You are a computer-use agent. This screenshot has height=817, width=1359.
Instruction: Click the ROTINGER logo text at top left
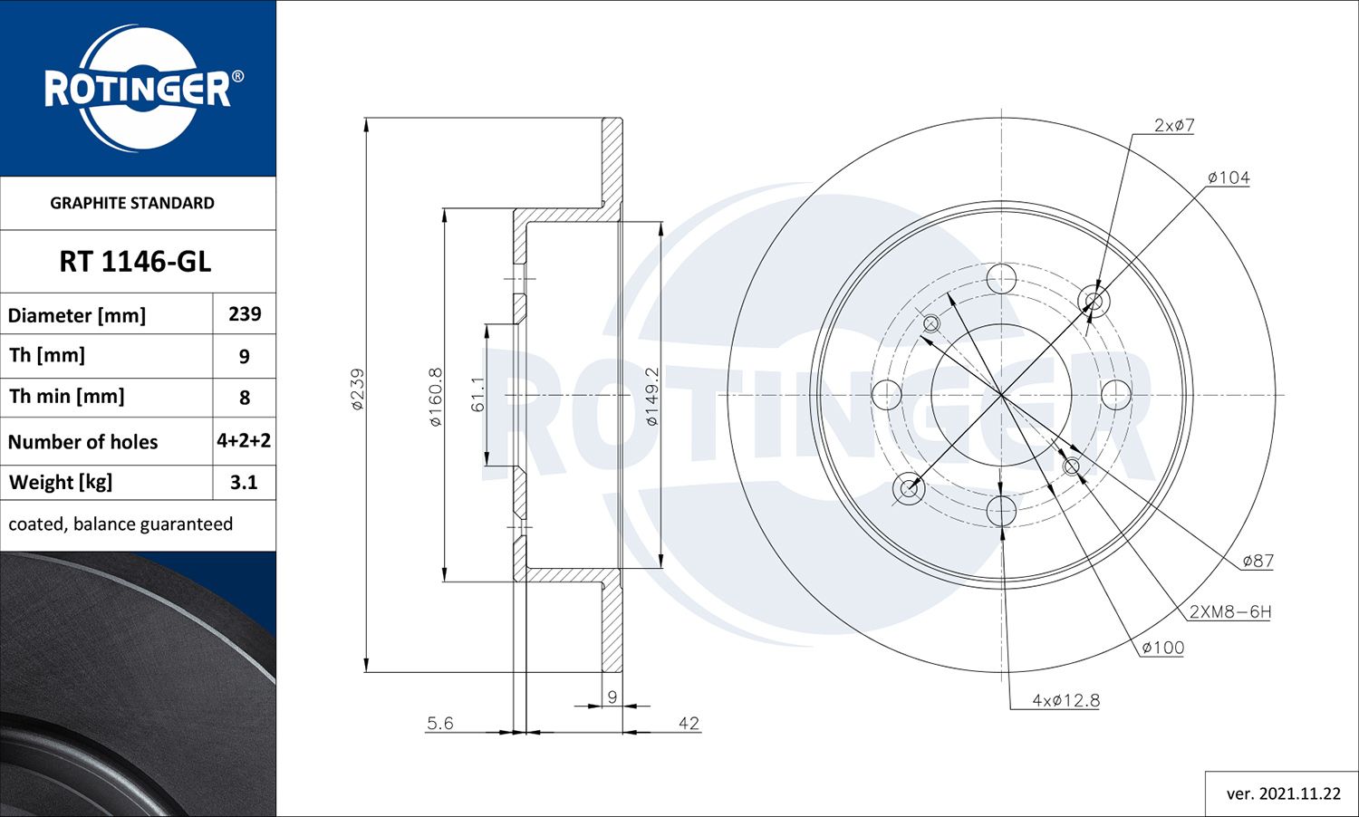click(x=138, y=89)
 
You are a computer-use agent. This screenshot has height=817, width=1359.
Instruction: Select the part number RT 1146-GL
click(x=135, y=262)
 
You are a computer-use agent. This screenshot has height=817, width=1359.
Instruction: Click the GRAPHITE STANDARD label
click(x=132, y=203)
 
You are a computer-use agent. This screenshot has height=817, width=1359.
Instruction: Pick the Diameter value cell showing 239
click(x=245, y=314)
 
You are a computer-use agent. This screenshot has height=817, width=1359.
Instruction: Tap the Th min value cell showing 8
click(x=245, y=398)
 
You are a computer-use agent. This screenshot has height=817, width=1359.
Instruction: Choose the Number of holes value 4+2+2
click(x=244, y=441)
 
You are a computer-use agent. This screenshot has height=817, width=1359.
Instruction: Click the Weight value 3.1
click(x=244, y=483)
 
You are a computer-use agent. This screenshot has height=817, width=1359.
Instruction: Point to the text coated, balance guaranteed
click(x=120, y=524)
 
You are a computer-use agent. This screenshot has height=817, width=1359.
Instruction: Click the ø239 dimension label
click(x=357, y=389)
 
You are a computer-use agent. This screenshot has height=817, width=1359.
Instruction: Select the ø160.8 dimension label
click(x=435, y=397)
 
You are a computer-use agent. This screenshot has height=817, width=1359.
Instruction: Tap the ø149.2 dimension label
click(x=651, y=397)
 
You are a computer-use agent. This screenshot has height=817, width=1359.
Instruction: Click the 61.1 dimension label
click(x=477, y=394)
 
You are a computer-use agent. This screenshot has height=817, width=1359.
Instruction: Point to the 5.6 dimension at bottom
click(x=440, y=723)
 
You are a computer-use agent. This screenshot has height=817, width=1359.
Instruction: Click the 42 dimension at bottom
click(x=689, y=723)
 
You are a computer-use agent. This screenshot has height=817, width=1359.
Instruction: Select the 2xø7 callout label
click(x=1174, y=126)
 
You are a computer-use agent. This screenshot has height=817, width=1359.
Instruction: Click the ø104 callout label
click(x=1229, y=178)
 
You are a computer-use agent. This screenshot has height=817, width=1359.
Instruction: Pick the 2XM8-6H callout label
click(x=1229, y=612)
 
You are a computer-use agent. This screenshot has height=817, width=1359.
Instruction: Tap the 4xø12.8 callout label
click(x=1065, y=700)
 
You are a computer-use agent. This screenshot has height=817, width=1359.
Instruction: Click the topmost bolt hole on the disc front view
click(x=1001, y=279)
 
